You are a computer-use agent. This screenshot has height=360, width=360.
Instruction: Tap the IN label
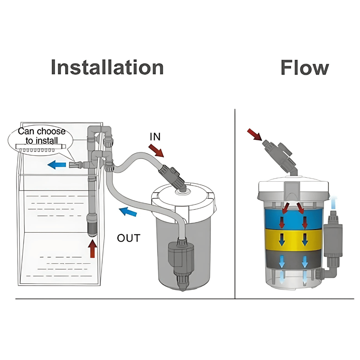tap(155, 137)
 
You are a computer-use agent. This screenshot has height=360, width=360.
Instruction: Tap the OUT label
tap(129, 238)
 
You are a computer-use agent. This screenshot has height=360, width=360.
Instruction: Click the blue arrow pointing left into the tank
tap(56, 164)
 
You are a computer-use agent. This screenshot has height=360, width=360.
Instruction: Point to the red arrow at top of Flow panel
tap(255, 135)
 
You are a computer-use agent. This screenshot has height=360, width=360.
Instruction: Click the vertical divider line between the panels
tap(235, 203)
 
